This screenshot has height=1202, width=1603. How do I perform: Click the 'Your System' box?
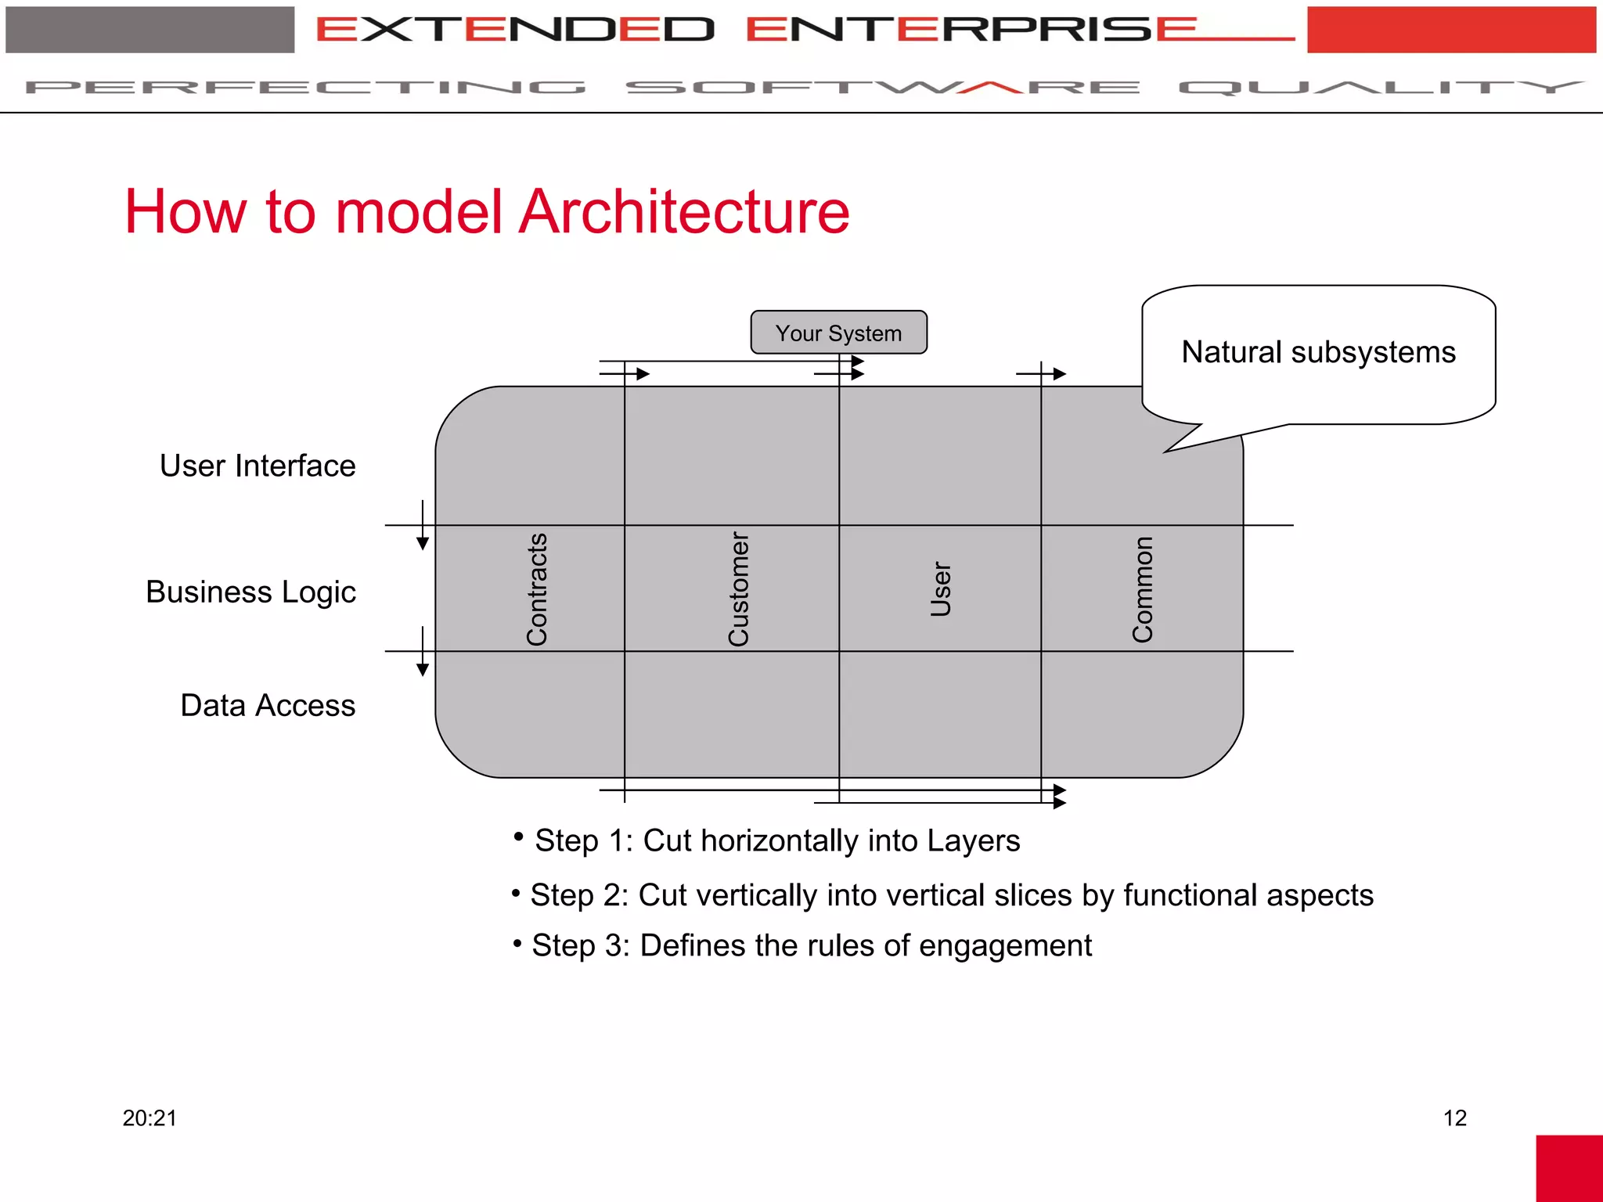[x=838, y=333]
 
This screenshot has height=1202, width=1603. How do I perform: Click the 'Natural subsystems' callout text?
[x=1318, y=352]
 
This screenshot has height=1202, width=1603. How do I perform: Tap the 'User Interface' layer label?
[x=258, y=466]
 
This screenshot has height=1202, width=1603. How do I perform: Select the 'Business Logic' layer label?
[x=250, y=592]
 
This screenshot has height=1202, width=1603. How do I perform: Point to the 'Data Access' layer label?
[x=268, y=705]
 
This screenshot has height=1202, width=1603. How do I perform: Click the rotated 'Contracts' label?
[x=537, y=589]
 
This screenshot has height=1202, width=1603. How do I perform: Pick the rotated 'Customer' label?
[x=739, y=589]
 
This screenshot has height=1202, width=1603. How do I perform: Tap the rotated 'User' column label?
[x=941, y=589]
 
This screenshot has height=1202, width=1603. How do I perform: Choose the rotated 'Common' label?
[x=1143, y=589]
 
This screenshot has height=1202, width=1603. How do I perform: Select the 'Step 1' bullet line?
[x=776, y=840]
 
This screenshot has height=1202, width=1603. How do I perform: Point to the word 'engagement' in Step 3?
[x=1005, y=945]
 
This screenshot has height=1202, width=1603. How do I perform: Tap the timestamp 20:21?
[x=149, y=1117]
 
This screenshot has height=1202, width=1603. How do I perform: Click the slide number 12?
[x=1454, y=1117]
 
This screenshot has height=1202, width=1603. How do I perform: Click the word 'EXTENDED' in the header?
[x=515, y=30]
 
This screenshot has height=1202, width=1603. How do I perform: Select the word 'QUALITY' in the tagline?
[x=1381, y=87]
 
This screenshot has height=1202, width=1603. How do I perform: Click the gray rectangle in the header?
[x=150, y=30]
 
